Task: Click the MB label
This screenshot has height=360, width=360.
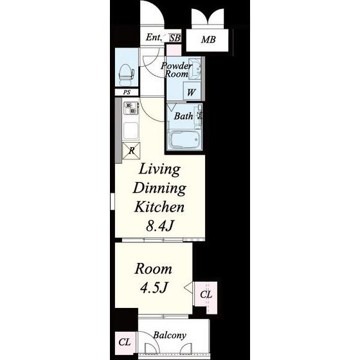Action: tap(208, 40)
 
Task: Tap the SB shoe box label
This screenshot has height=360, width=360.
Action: tap(175, 38)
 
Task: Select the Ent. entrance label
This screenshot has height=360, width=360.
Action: tap(154, 37)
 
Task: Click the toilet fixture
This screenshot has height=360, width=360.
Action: tap(126, 73)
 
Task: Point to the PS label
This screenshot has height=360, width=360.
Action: tap(127, 93)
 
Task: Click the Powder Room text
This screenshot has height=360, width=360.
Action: tap(176, 70)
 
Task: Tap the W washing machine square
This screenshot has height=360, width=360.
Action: tap(192, 91)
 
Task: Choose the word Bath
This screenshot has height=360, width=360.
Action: tap(183, 116)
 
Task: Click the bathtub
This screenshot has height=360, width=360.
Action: tap(185, 140)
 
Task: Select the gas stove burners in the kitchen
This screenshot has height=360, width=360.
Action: tap(131, 109)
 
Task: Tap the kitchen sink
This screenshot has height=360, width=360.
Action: tap(131, 130)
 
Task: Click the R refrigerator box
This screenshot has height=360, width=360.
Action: tap(131, 150)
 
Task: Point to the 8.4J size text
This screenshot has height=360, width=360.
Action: tap(159, 226)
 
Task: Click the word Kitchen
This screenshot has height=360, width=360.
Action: tap(159, 207)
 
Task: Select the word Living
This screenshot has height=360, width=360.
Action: tap(160, 170)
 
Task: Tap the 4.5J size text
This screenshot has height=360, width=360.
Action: tap(154, 287)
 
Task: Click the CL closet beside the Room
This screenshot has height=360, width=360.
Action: tap(206, 294)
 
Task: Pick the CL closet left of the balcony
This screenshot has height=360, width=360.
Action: tap(125, 342)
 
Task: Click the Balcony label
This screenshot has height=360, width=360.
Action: tap(170, 336)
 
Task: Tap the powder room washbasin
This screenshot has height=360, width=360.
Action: tap(195, 69)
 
